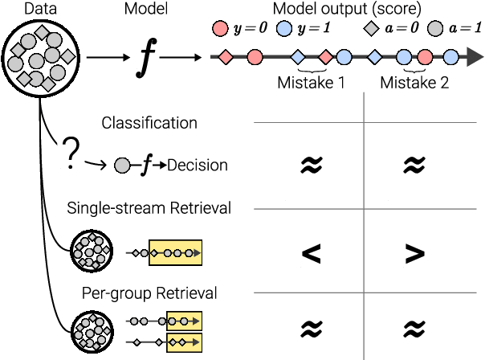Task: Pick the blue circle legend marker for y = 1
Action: [x=283, y=30]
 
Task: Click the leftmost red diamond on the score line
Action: [x=226, y=58]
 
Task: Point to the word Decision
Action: [x=198, y=166]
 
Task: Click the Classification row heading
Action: [x=149, y=123]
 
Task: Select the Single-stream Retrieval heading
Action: [x=149, y=209]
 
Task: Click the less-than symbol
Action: [x=310, y=253]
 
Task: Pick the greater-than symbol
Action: [x=414, y=253]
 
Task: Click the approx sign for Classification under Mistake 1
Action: [x=310, y=166]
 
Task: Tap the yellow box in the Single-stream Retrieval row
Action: [x=175, y=253]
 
